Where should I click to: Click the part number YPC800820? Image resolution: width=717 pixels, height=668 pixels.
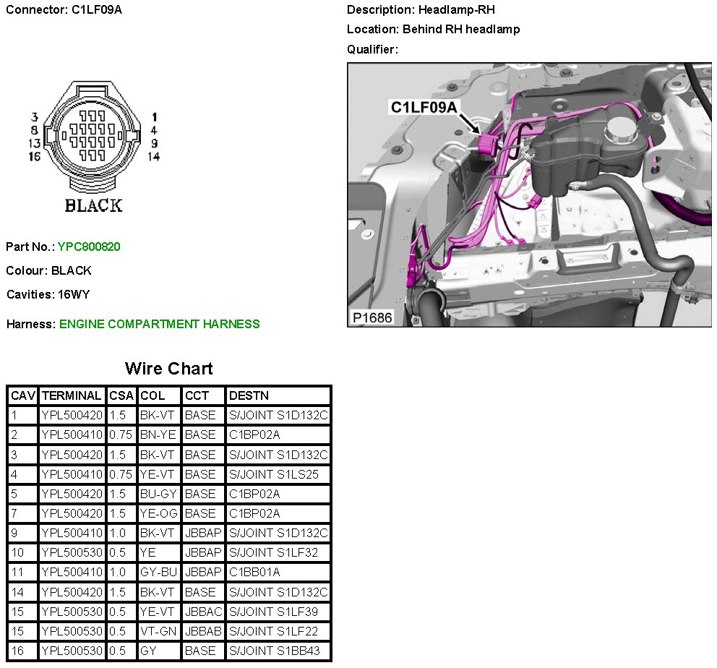[x=89, y=247]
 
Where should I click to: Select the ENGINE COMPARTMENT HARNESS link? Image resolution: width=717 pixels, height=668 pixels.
[x=159, y=324]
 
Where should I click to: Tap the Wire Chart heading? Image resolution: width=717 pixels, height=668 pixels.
[x=168, y=369]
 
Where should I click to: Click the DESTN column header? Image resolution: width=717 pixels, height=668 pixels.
[x=248, y=395]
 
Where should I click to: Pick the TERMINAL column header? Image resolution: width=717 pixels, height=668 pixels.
[x=72, y=395]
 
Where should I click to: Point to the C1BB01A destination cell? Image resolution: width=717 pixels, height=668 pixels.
[x=254, y=572]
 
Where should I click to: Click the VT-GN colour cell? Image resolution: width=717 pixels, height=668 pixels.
[x=158, y=631]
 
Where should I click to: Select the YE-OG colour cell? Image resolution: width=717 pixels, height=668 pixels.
[x=158, y=513]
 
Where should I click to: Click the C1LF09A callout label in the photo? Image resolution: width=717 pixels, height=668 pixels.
[x=424, y=108]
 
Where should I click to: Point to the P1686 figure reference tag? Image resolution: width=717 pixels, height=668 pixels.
[x=372, y=317]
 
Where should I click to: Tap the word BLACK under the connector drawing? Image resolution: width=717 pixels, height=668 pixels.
[x=93, y=205]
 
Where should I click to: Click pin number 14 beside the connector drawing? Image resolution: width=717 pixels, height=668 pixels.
[x=153, y=156]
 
